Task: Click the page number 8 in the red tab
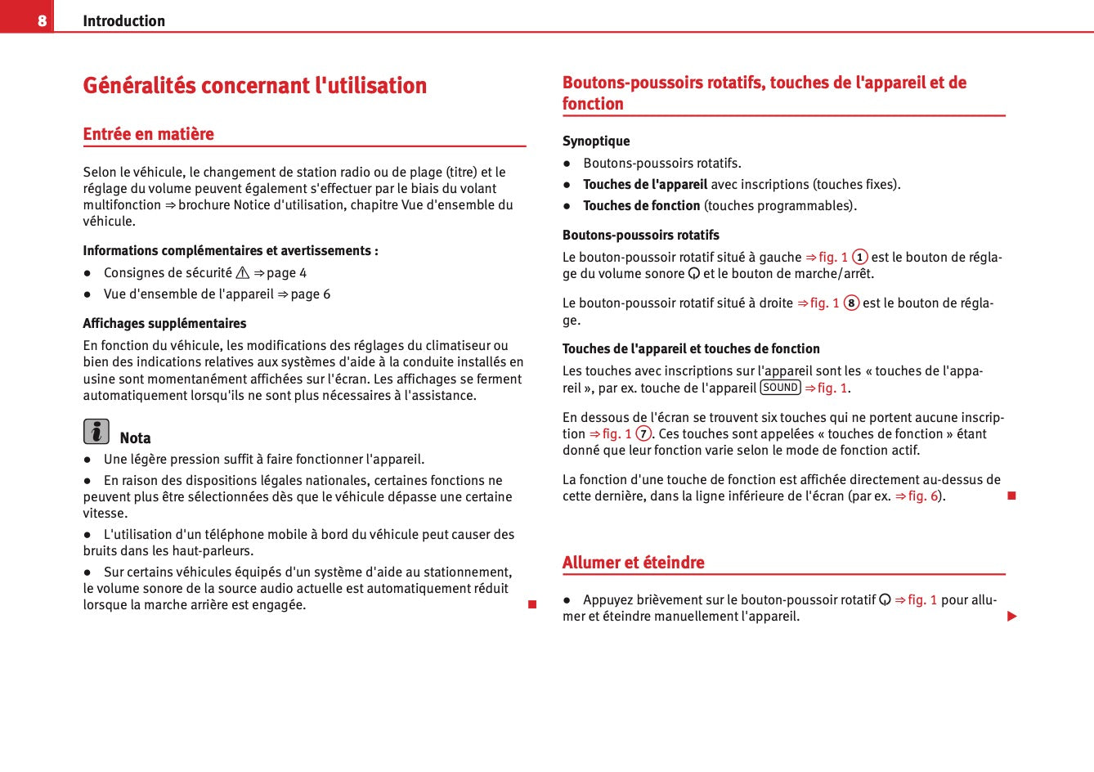[42, 20]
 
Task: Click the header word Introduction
[123, 20]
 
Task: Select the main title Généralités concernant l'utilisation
[254, 85]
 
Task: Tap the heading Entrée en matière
[148, 134]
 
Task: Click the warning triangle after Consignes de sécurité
[242, 273]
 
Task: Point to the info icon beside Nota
[96, 431]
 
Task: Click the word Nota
[135, 438]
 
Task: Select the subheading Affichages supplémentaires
[164, 324]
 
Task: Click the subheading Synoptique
[596, 141]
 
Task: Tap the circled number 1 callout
[859, 257]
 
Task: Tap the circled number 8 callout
[851, 303]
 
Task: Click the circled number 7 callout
[643, 434]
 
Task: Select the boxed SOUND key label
[780, 388]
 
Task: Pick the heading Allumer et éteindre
[633, 563]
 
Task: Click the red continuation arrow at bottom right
[1011, 616]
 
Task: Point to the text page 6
[311, 294]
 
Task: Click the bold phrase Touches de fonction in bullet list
[641, 206]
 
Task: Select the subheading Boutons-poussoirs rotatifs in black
[640, 236]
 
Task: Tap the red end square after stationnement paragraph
[531, 604]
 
